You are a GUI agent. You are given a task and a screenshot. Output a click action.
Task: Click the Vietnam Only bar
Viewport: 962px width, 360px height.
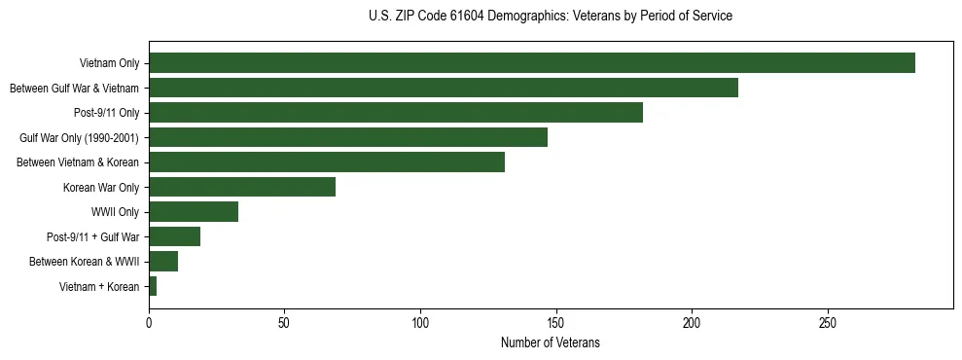click(531, 63)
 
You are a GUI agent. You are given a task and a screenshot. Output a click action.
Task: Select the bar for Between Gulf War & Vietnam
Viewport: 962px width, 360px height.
click(443, 88)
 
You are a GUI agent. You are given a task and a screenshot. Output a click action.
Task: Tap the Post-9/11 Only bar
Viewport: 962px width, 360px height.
click(395, 113)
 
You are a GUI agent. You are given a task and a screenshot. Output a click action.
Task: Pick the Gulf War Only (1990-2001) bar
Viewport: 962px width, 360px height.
click(347, 137)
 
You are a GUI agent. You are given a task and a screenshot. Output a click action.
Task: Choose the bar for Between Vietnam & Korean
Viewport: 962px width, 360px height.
click(326, 162)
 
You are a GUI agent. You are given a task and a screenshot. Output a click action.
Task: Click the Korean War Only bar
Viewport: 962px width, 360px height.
click(241, 187)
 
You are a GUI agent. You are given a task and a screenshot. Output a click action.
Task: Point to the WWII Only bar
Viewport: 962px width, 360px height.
click(193, 212)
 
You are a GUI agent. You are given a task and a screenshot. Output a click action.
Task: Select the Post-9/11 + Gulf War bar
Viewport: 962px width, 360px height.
click(174, 236)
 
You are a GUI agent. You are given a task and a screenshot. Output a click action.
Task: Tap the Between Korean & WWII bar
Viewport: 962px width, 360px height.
click(162, 262)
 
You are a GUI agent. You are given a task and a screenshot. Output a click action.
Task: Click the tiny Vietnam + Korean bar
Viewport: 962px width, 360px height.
click(153, 286)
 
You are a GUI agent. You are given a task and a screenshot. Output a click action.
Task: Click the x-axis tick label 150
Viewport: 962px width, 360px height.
click(555, 322)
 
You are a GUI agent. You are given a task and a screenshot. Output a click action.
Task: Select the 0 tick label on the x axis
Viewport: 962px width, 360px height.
click(149, 322)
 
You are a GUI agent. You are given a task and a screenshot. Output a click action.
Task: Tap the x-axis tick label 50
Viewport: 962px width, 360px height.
click(284, 322)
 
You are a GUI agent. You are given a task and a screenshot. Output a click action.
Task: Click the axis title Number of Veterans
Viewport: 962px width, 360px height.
click(550, 342)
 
